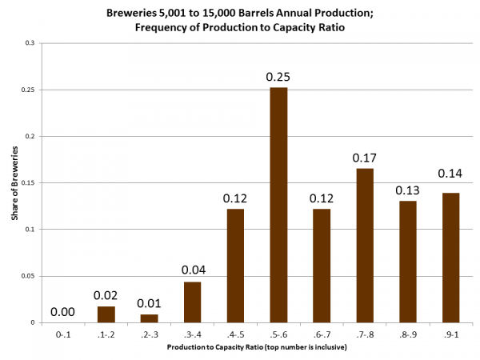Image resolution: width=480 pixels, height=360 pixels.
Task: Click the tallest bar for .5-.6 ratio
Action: coord(278,205)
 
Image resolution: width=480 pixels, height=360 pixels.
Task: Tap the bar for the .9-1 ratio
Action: coord(450,258)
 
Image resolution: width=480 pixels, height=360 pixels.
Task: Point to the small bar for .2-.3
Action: coord(149,318)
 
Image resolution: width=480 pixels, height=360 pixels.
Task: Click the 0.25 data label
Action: coord(278,77)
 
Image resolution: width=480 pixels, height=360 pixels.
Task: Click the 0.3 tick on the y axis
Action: coord(29,43)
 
